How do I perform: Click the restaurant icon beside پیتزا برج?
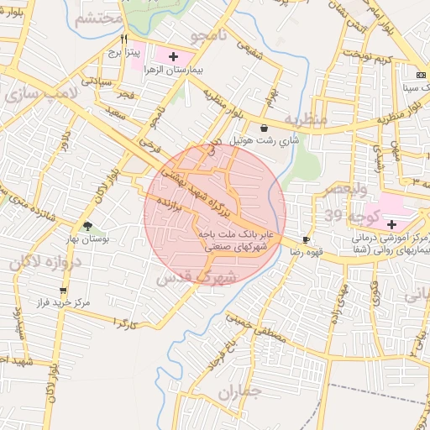tap(124, 39)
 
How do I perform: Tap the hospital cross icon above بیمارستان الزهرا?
tap(173, 57)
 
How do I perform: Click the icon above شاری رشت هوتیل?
tap(265, 128)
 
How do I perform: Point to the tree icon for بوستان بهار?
tap(88, 225)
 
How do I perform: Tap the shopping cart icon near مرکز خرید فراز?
tap(63, 291)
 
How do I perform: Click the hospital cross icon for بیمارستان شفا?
tap(391, 224)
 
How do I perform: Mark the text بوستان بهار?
tap(87, 239)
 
